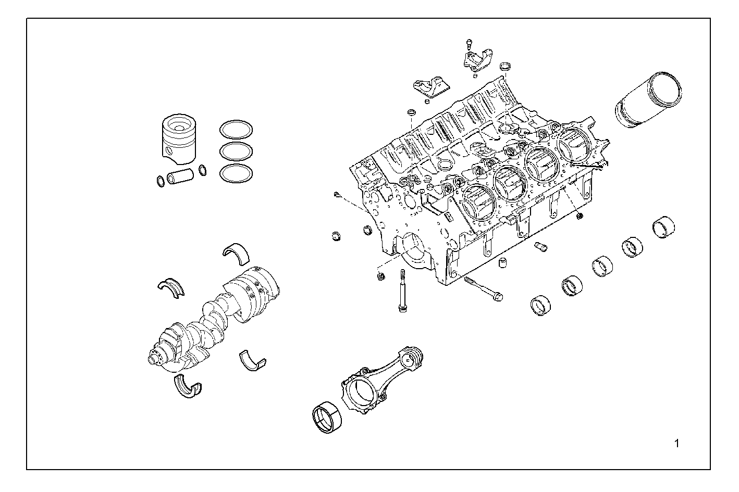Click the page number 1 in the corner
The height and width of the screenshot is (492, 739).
click(x=676, y=444)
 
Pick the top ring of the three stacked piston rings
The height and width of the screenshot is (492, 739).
click(x=236, y=129)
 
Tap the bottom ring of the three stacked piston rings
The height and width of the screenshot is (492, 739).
click(x=236, y=174)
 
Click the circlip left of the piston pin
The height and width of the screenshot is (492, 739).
click(x=161, y=181)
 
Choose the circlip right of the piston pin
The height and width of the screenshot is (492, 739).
click(x=202, y=170)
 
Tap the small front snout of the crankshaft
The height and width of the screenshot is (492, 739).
click(x=154, y=358)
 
